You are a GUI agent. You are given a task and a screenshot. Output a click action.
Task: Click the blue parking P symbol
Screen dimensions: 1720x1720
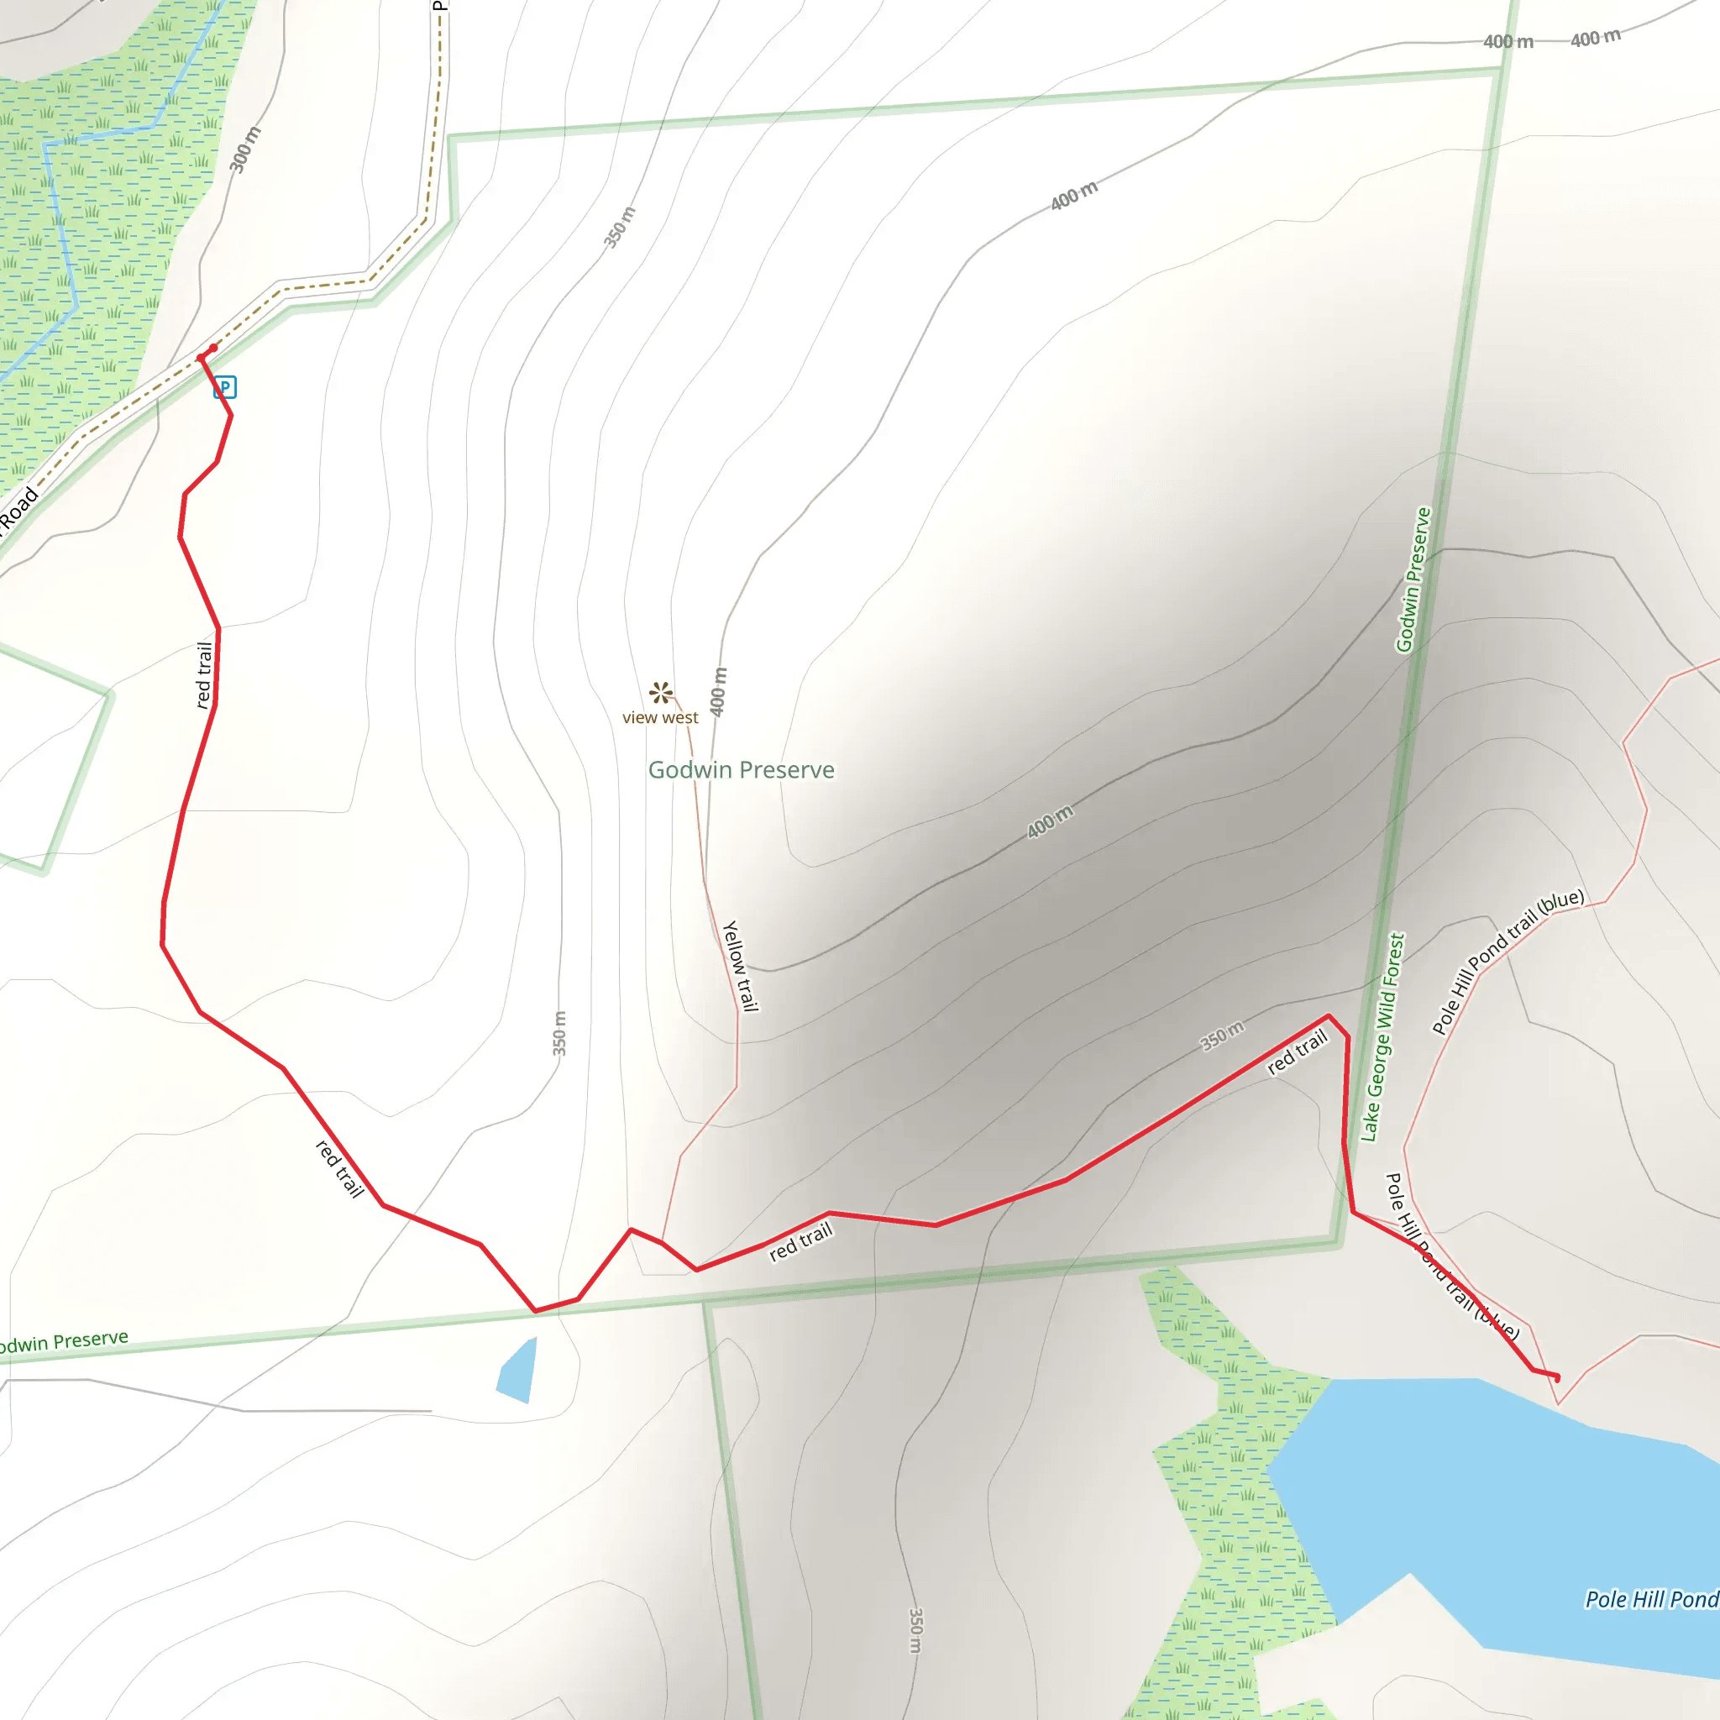224,387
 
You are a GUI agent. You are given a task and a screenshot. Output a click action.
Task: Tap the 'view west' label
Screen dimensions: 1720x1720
659,717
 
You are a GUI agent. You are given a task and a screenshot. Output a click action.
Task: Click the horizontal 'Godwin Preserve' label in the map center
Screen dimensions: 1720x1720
741,770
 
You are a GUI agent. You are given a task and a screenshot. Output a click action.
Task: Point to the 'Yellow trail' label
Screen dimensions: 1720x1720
740,966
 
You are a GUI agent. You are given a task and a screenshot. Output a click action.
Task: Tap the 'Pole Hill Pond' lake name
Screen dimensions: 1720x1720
1650,1600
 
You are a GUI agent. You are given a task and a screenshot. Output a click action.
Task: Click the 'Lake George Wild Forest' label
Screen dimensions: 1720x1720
1382,1037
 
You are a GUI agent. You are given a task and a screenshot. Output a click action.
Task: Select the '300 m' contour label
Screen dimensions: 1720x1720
245,149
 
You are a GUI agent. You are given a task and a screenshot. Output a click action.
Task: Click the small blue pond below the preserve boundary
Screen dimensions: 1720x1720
518,1370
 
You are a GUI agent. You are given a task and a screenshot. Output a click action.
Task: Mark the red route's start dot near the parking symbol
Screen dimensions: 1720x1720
212,348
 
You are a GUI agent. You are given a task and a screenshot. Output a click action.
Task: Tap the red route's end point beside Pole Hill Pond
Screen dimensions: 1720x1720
1557,1379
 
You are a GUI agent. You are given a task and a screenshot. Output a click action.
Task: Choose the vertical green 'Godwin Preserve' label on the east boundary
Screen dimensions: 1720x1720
1413,580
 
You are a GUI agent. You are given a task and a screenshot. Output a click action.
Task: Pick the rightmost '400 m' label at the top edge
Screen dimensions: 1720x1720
1596,39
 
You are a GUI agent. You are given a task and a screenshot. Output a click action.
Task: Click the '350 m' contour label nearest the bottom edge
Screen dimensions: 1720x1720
915,1631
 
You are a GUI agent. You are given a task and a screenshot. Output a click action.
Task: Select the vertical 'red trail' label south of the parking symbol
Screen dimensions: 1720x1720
205,675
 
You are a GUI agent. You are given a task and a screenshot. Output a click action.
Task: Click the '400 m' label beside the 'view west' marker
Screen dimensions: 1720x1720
718,691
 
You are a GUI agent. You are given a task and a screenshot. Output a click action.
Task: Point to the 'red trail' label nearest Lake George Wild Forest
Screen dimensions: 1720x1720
1297,1051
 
